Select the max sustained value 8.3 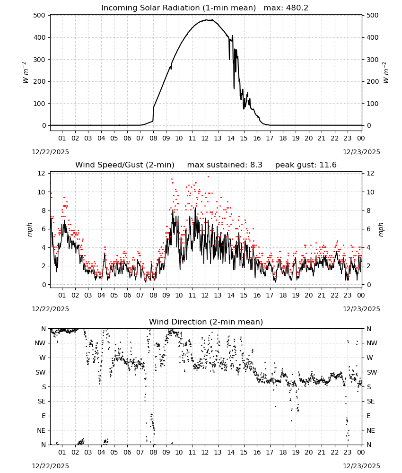[256, 165]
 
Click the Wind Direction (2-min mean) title [206, 322]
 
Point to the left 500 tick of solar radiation [40, 16]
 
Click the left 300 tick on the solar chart [40, 60]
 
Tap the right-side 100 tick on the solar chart [373, 104]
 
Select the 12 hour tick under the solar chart [205, 138]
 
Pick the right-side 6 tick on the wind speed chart [368, 229]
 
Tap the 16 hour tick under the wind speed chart [257, 295]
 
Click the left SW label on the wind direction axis [41, 372]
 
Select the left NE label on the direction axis [41, 430]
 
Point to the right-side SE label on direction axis [371, 401]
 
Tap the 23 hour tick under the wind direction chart [348, 452]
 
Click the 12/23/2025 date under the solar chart [362, 152]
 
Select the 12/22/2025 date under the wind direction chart [50, 466]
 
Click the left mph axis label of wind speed [29, 229]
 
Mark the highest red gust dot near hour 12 [208, 176]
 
